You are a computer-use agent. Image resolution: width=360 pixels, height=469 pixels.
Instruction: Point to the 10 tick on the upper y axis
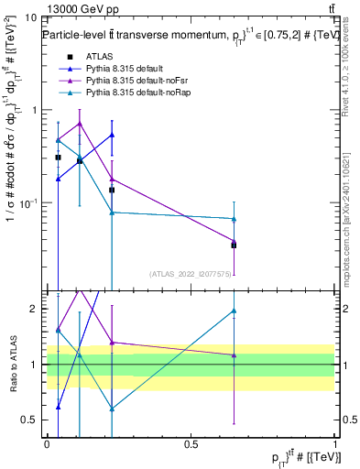(30, 17)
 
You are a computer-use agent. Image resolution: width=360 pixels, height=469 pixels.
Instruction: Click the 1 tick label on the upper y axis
(34, 110)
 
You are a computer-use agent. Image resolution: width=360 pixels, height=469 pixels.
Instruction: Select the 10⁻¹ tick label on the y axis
(28, 202)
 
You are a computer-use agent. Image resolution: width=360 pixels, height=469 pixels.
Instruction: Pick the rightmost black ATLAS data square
(234, 245)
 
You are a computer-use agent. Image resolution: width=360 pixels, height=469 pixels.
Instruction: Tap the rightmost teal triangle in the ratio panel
(234, 311)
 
